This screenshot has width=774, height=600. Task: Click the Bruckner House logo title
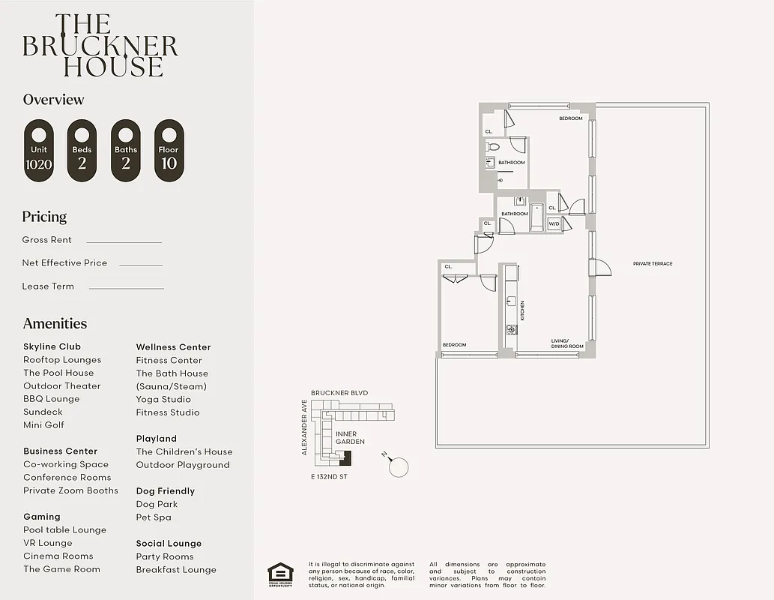click(100, 46)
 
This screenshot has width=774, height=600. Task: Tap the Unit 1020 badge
click(39, 150)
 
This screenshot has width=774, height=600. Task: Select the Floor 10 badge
click(169, 150)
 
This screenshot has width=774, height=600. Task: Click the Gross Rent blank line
click(124, 241)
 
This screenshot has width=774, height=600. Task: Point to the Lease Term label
click(48, 286)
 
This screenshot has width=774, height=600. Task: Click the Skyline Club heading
click(52, 346)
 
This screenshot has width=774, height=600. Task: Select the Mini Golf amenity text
click(43, 425)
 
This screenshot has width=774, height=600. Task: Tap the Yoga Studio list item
click(163, 400)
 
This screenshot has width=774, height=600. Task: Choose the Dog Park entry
click(157, 505)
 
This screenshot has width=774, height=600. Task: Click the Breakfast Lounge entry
click(176, 570)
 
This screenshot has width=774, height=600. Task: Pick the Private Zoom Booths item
click(70, 490)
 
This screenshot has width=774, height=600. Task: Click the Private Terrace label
click(653, 264)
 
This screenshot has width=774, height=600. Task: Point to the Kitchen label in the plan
click(522, 310)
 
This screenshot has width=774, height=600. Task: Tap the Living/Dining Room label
click(567, 343)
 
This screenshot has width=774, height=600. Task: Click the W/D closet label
click(554, 223)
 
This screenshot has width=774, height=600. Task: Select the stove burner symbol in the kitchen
click(512, 329)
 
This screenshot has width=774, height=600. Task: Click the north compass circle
click(399, 467)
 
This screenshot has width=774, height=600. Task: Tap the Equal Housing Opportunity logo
click(280, 574)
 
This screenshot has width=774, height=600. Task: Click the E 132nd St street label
click(329, 477)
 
